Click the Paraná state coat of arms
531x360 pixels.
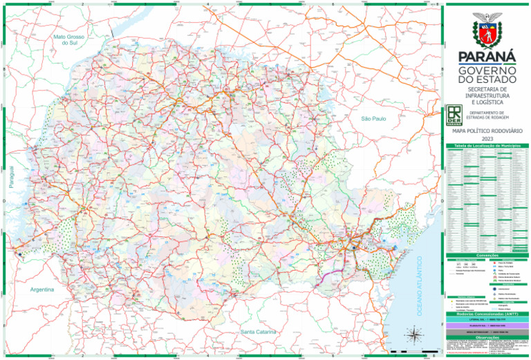pyautogui.click(x=487, y=30)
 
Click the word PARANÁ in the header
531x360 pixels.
pyautogui.click(x=487, y=56)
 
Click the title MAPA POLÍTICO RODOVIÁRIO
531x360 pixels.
pyautogui.click(x=487, y=130)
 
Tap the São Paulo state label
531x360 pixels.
pyautogui.click(x=373, y=119)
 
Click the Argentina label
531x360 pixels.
pyautogui.click(x=42, y=290)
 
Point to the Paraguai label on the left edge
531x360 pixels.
pyautogui.click(x=10, y=178)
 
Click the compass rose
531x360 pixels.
pyautogui.click(x=413, y=337)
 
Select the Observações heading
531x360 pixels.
pyautogui.click(x=487, y=337)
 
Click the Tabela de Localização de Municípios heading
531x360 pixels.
pyautogui.click(x=487, y=146)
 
